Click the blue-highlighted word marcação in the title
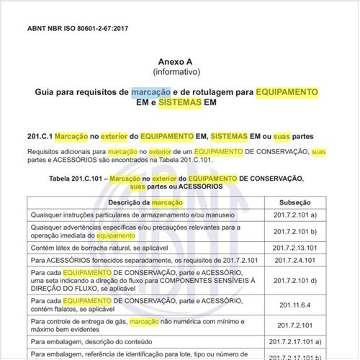click(x=151, y=92)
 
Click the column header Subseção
click(x=295, y=204)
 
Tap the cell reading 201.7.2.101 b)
click(x=295, y=232)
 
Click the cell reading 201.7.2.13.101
click(x=295, y=247)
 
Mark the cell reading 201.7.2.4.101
click(x=295, y=259)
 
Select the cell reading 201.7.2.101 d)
click(x=295, y=280)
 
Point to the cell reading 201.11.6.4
click(x=295, y=304)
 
